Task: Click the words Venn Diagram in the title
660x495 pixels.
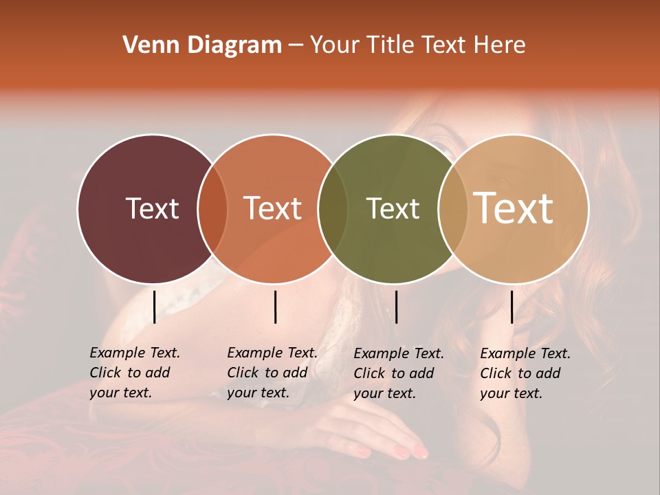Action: point(202,45)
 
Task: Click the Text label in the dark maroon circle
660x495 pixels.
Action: point(152,208)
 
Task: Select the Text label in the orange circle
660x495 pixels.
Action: point(273,208)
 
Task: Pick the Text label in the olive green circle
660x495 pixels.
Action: point(393,208)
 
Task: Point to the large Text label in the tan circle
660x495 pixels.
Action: point(514,208)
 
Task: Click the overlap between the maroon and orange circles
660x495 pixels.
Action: point(212,209)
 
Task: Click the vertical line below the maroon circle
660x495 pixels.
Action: point(154,307)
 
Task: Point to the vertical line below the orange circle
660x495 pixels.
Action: point(275,307)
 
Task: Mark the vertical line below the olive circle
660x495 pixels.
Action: point(396,307)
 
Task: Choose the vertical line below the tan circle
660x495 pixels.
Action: point(511,307)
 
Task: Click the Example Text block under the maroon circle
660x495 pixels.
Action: point(135,373)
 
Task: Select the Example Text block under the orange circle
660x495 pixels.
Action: point(272,373)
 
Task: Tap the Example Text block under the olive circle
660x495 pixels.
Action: point(399,373)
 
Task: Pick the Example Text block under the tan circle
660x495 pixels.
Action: point(525,373)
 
